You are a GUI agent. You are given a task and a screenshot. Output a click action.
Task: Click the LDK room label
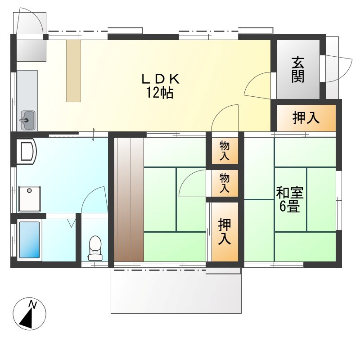[x=161, y=79]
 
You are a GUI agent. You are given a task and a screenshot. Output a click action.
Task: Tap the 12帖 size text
[x=159, y=94]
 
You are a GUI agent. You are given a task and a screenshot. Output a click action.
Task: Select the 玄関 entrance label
[x=297, y=69]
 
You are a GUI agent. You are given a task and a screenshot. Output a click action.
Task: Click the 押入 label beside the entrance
[x=306, y=118]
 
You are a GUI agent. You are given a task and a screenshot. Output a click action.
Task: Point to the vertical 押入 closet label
[x=225, y=231]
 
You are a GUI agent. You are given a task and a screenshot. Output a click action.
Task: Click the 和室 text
[x=290, y=193]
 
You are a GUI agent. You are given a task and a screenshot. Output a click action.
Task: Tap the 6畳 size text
[x=290, y=207]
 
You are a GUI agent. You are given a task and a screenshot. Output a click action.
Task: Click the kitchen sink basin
[x=27, y=120]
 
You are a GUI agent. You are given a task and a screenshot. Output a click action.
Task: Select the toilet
[x=95, y=247]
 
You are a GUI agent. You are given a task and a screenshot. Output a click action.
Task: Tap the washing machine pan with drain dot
[x=29, y=198]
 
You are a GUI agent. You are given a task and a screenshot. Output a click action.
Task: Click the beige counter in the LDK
[x=73, y=71]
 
